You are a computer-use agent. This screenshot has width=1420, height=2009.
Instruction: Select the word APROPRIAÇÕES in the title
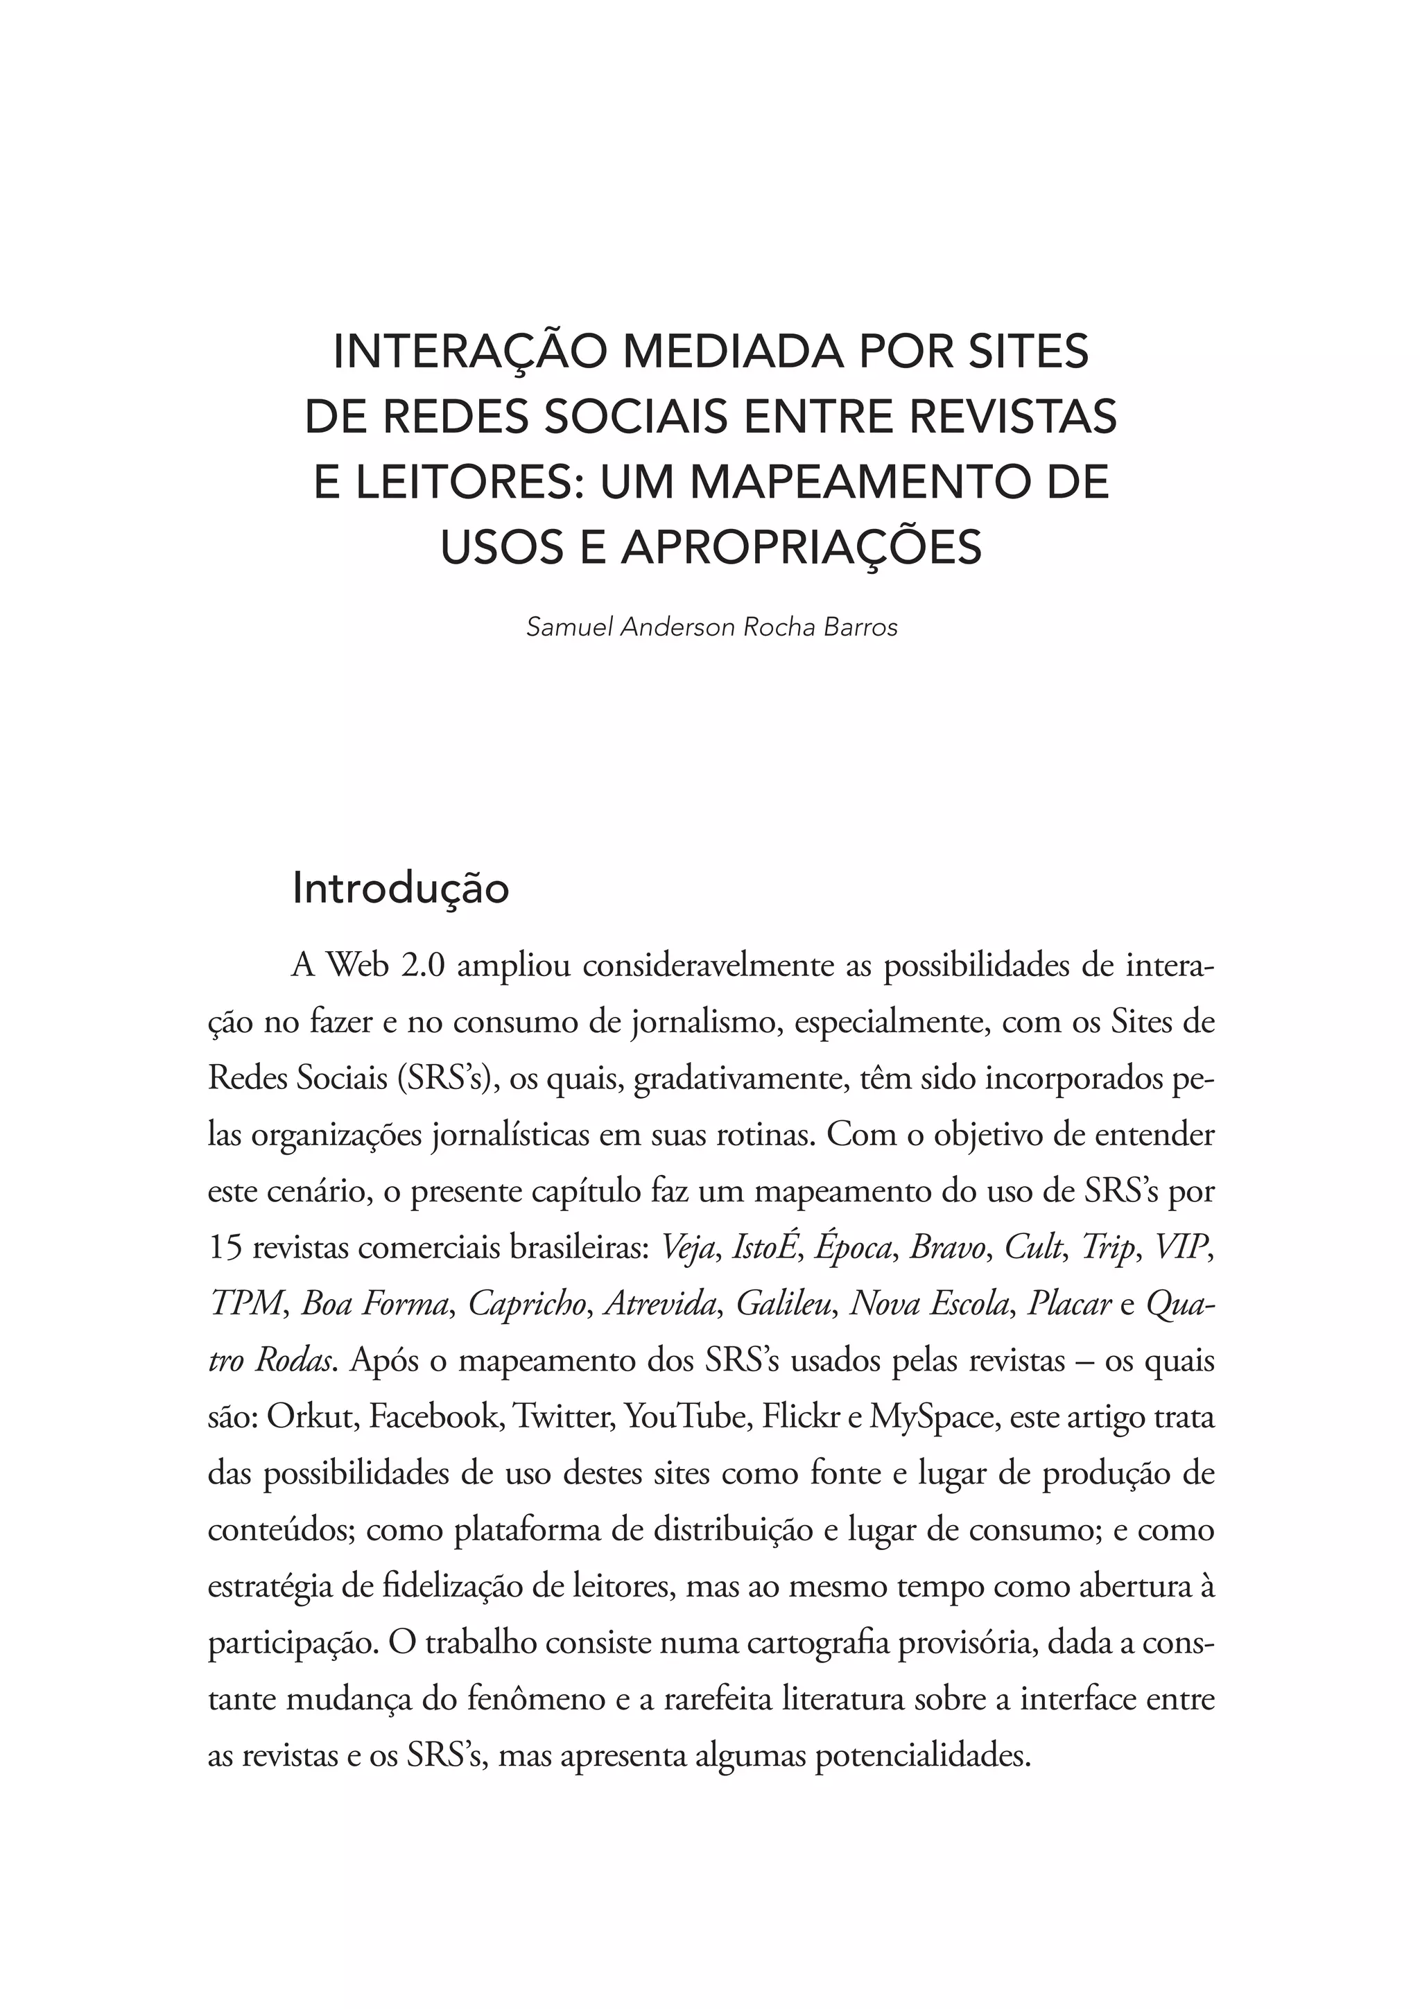tap(802, 548)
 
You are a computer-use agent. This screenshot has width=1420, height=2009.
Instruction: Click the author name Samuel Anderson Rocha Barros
tap(711, 627)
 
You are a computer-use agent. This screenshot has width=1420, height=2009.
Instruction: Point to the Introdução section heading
tap(401, 888)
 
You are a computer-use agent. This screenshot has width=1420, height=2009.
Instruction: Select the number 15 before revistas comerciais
tap(226, 1247)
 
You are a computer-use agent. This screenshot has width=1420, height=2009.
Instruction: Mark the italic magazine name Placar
tap(1069, 1304)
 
